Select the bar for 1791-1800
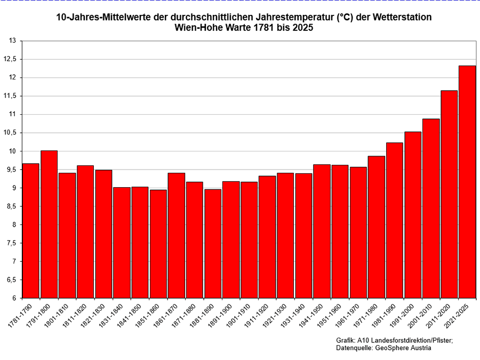coord(49,224)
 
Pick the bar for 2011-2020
coord(449,194)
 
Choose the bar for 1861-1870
coord(176,235)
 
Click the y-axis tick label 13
coord(12,41)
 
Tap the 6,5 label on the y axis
coord(11,280)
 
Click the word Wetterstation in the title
coord(403,17)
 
